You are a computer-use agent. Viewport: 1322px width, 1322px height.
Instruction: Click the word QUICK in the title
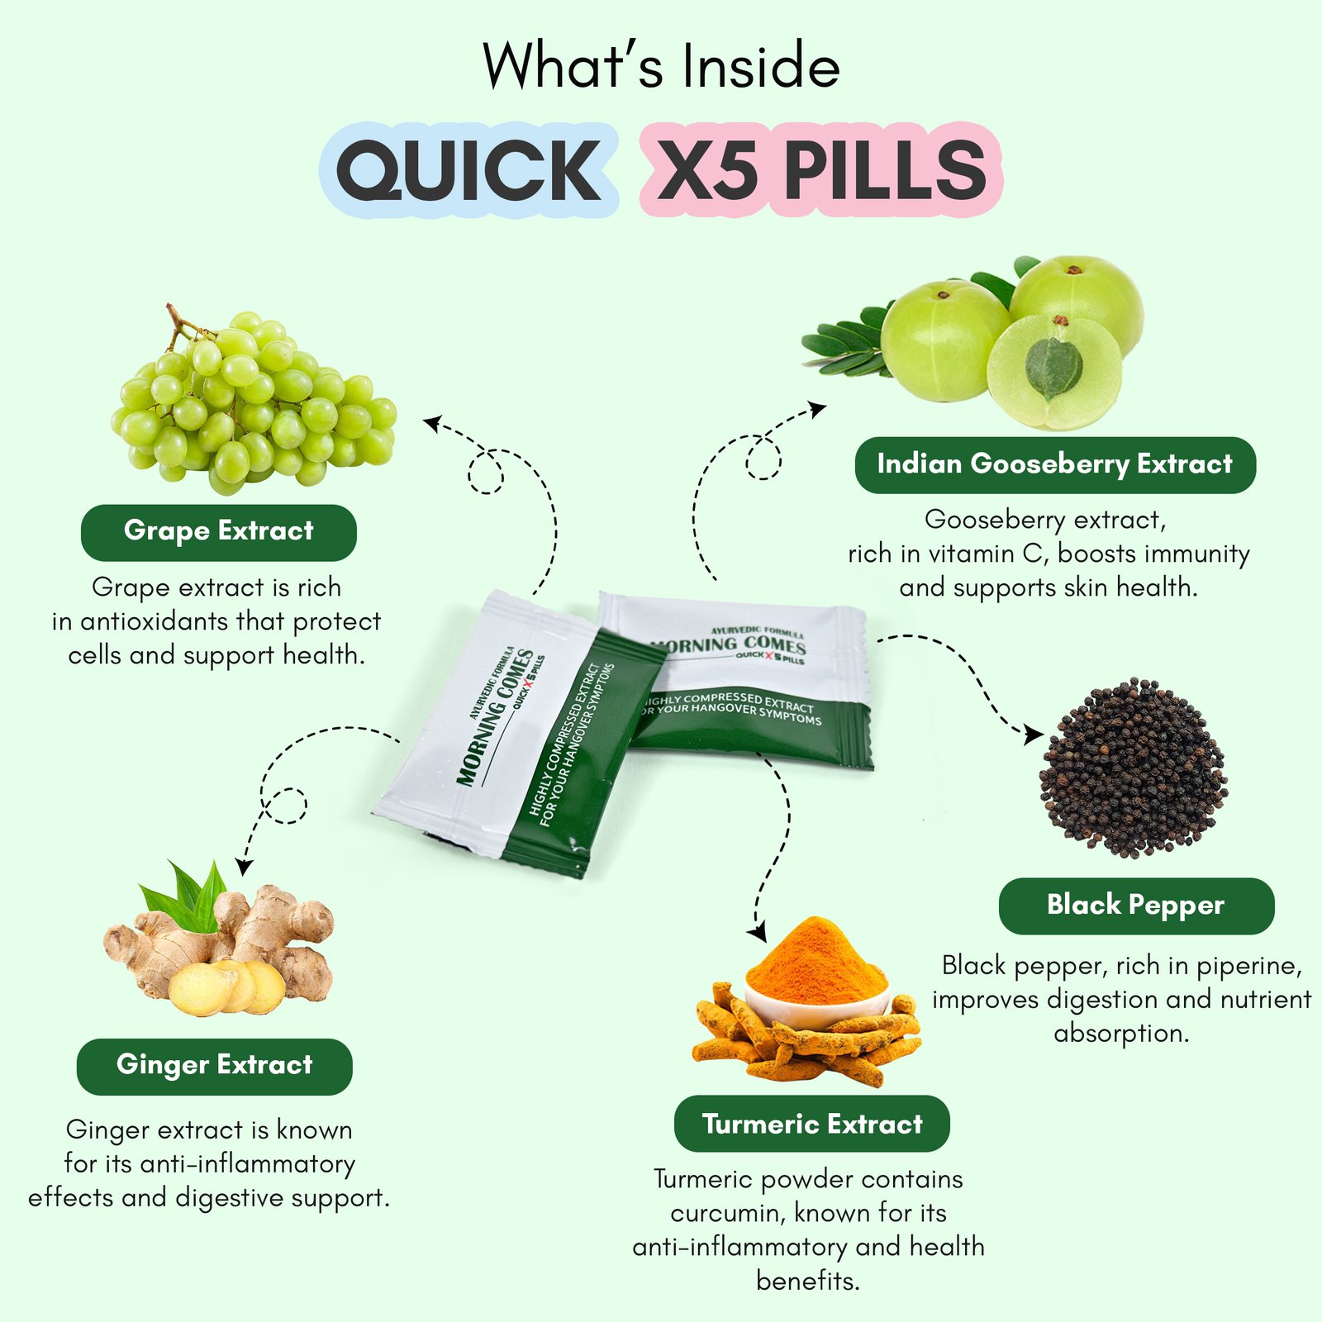click(x=468, y=170)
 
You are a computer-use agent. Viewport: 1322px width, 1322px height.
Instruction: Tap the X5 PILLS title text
click(x=822, y=170)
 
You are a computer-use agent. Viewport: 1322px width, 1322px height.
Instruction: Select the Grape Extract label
click(x=219, y=532)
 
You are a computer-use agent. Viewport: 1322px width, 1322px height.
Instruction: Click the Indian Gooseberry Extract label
click(x=1055, y=465)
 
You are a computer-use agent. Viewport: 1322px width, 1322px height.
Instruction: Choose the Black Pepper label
click(x=1136, y=906)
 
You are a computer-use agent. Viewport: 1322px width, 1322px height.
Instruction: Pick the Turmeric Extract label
click(x=812, y=1124)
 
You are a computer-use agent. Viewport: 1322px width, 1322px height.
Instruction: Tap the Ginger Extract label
click(x=215, y=1066)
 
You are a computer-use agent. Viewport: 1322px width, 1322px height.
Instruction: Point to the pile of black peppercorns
click(x=1134, y=768)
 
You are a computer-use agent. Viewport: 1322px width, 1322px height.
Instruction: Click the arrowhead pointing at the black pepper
click(x=1033, y=734)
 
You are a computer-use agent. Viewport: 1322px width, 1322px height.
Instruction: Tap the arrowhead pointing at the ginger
click(x=244, y=866)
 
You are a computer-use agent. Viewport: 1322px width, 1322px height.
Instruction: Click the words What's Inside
click(x=661, y=66)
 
